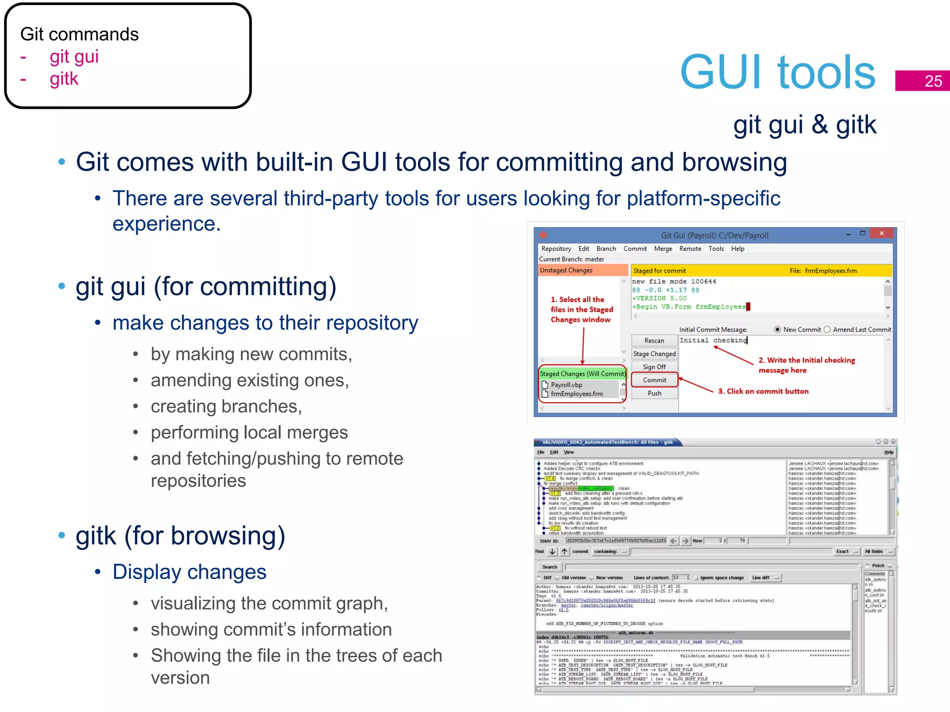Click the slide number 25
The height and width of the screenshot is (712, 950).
tap(933, 81)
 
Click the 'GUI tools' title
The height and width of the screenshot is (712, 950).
tap(777, 72)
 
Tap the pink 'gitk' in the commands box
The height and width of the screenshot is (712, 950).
tap(64, 79)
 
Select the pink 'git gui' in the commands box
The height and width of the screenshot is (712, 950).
tap(74, 57)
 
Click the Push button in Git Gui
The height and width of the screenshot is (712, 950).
tap(654, 393)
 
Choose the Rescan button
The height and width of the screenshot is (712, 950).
tap(654, 341)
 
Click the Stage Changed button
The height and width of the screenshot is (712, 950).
tap(654, 354)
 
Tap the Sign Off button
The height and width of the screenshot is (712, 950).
tap(654, 367)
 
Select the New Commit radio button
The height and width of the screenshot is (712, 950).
tap(777, 330)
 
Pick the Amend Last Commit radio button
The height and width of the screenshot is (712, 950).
tap(827, 330)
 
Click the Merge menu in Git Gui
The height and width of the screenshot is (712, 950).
tap(663, 249)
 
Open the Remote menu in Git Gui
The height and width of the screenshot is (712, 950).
tap(690, 249)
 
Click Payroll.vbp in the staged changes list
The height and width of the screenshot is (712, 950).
tap(566, 385)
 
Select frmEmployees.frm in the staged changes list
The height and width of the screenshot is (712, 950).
tap(577, 394)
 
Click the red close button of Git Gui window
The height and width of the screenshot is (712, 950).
tap(881, 234)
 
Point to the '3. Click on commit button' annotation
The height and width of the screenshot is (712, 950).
tap(763, 391)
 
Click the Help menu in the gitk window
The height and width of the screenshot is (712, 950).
tap(888, 452)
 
